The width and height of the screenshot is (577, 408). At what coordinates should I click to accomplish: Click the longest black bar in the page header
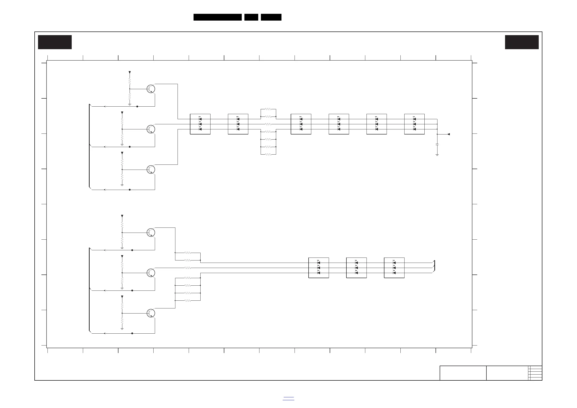pos(217,17)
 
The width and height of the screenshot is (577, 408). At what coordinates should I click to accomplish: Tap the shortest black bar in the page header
pos(251,17)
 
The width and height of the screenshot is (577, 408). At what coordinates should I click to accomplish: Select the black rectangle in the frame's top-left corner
pos(55,42)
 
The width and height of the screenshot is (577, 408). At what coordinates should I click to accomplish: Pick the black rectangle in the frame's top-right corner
pos(522,42)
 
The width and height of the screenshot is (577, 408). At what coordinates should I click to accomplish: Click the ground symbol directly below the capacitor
pos(437,155)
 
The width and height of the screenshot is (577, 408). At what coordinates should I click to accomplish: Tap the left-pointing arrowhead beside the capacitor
pos(449,134)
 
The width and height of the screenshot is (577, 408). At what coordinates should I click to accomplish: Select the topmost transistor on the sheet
pos(151,89)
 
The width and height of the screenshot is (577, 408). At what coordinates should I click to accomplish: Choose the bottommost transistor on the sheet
pos(151,313)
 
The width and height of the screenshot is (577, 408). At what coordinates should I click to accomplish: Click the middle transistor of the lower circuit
pos(151,273)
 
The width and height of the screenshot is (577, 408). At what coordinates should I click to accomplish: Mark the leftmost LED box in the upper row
pos(200,124)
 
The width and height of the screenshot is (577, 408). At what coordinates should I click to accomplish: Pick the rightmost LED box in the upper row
pos(414,124)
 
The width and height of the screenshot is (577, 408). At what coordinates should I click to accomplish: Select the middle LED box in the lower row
pos(356,268)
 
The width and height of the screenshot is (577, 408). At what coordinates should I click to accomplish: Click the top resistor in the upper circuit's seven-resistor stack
pos(268,109)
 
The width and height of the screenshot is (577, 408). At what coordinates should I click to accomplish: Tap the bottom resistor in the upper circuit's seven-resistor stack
pos(268,154)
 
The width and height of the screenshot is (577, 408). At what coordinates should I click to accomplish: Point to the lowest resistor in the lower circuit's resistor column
pos(187,301)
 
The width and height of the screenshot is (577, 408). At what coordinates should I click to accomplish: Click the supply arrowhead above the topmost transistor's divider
pos(130,73)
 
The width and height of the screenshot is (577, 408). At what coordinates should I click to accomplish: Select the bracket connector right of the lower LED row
pos(434,266)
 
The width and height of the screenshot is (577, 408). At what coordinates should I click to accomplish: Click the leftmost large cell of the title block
pos(463,373)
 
